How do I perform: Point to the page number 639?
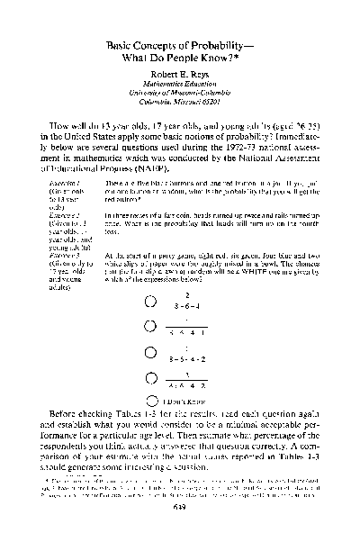pos(179,529)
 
